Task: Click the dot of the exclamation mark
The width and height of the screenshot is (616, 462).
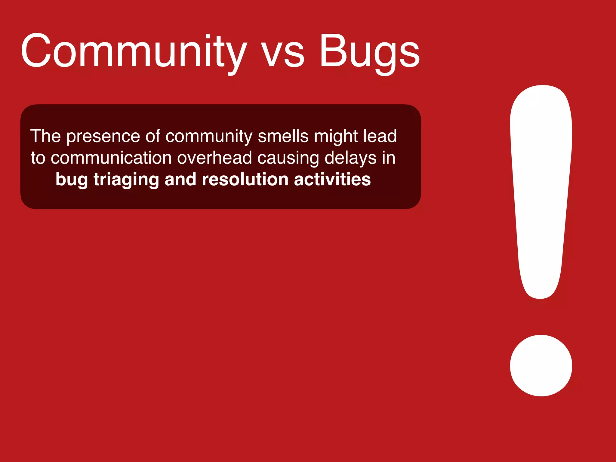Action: click(541, 365)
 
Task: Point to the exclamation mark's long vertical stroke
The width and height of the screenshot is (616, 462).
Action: click(541, 186)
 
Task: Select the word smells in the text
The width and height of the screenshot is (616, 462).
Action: click(283, 136)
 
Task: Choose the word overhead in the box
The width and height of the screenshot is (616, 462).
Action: click(214, 158)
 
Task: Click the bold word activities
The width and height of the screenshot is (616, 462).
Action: click(332, 180)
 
